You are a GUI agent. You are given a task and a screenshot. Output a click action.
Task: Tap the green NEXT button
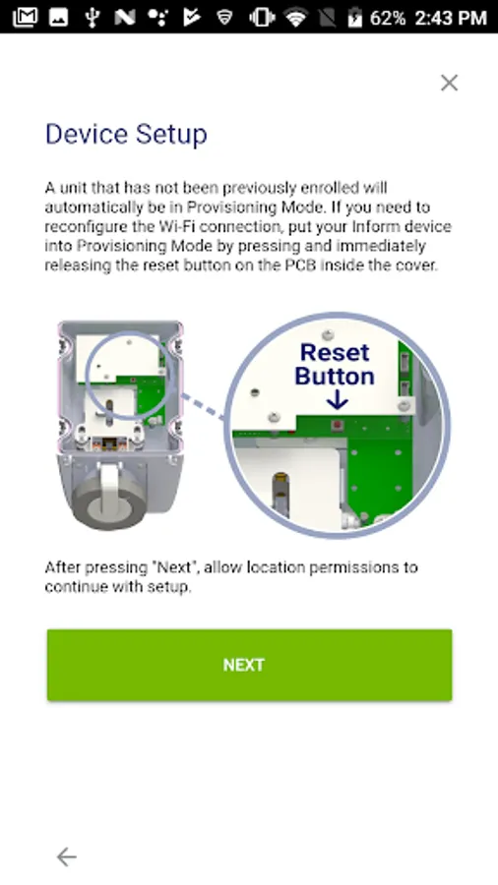(x=249, y=665)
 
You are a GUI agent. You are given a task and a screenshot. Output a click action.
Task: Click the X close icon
(x=450, y=83)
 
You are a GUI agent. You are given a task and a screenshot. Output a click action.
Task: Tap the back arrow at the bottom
(x=67, y=856)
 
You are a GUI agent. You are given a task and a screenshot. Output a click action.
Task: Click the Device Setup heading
(x=126, y=135)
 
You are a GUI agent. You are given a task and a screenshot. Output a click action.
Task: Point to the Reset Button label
(x=335, y=364)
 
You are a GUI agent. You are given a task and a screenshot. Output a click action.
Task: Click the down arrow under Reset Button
(x=337, y=401)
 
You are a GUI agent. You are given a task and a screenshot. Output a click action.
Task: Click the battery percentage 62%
(x=388, y=18)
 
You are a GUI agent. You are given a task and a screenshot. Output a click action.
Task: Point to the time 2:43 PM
(x=451, y=18)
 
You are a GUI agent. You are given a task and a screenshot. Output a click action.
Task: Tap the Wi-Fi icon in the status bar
(x=295, y=18)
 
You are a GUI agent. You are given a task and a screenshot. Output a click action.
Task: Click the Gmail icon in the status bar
(x=25, y=18)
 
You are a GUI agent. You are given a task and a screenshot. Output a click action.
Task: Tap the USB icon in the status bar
(x=93, y=18)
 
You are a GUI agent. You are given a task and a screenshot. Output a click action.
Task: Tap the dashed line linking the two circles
(x=203, y=406)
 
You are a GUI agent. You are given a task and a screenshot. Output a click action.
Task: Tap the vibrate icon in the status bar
(x=261, y=18)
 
